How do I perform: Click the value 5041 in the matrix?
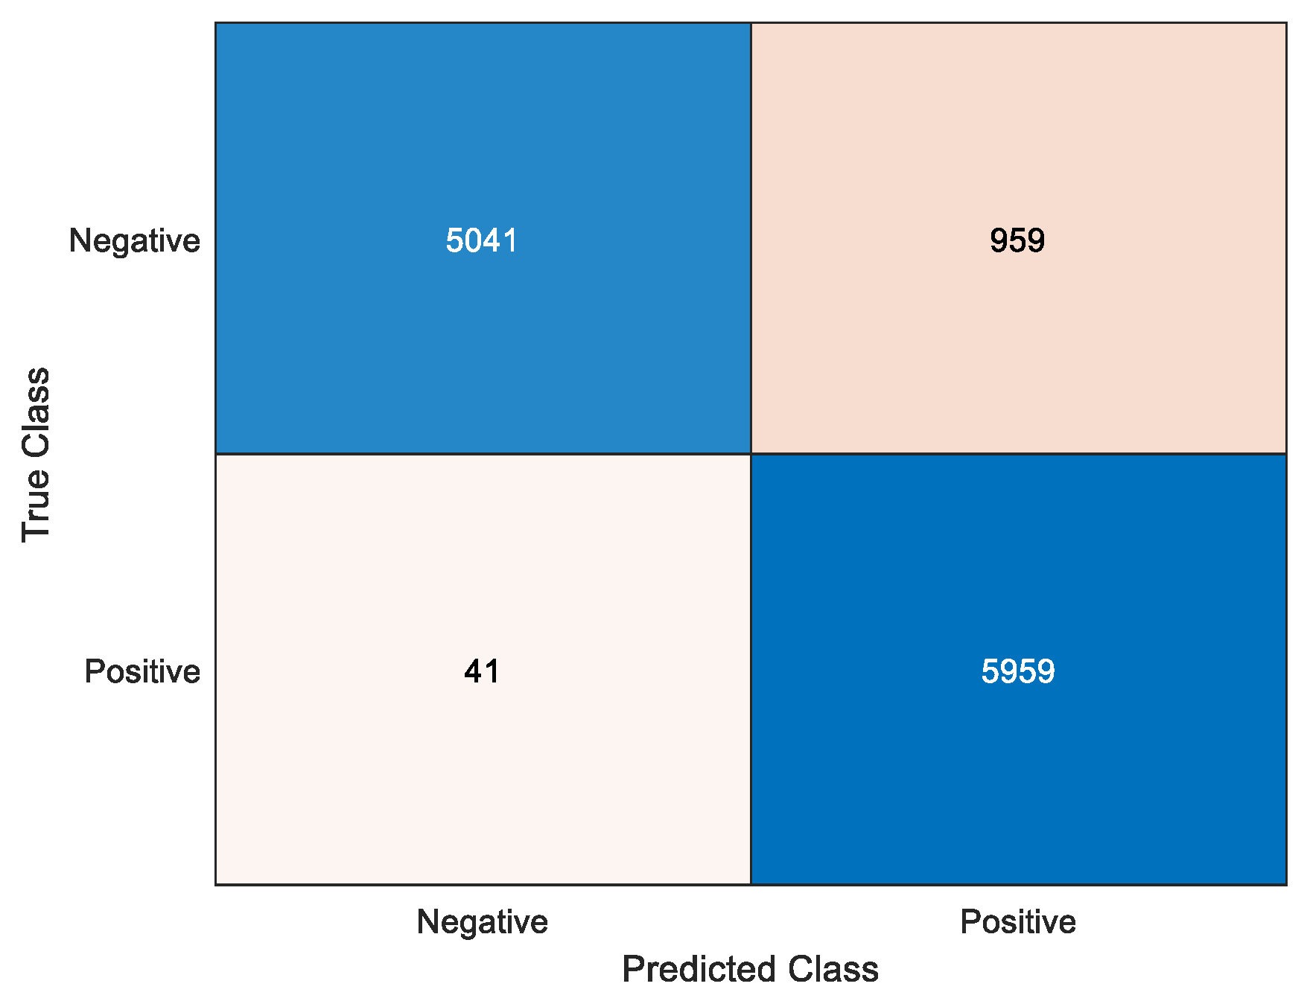pyautogui.click(x=481, y=240)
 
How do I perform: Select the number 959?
pyautogui.click(x=1017, y=240)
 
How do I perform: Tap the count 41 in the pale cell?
pyautogui.click(x=482, y=671)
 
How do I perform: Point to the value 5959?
pyautogui.click(x=1017, y=671)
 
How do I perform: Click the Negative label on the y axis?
pyautogui.click(x=134, y=240)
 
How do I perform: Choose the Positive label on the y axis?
pyautogui.click(x=142, y=671)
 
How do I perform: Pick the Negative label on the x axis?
pyautogui.click(x=482, y=921)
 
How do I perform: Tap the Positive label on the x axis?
pyautogui.click(x=1017, y=921)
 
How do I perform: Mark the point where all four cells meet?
pyautogui.click(x=751, y=453)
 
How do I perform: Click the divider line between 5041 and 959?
pyautogui.click(x=751, y=238)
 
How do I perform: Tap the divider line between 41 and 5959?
pyautogui.click(x=751, y=670)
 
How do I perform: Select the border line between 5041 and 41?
pyautogui.click(x=483, y=453)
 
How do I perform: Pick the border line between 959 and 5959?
pyautogui.click(x=1018, y=453)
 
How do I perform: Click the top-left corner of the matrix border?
pyautogui.click(x=216, y=23)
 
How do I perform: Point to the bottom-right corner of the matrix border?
pyautogui.click(x=1286, y=884)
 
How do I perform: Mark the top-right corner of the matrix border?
pyautogui.click(x=1286, y=23)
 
